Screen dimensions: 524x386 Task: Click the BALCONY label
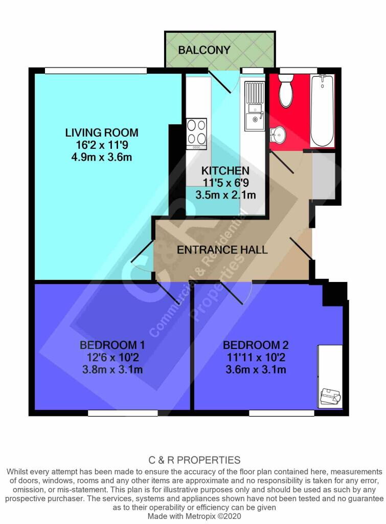[x=204, y=50]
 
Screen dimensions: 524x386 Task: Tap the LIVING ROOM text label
[x=101, y=133]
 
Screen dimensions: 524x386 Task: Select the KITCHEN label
[x=225, y=171]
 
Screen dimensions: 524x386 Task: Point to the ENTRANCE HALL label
[x=222, y=250]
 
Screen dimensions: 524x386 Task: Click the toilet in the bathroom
[x=285, y=90]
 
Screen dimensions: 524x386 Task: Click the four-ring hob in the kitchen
[x=197, y=132]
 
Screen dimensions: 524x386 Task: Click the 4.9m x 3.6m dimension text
[x=101, y=157]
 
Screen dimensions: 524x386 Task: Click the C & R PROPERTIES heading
[x=193, y=460]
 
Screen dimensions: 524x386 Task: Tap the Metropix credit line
[x=193, y=517]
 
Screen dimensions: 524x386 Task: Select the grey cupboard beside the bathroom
[x=323, y=176]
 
